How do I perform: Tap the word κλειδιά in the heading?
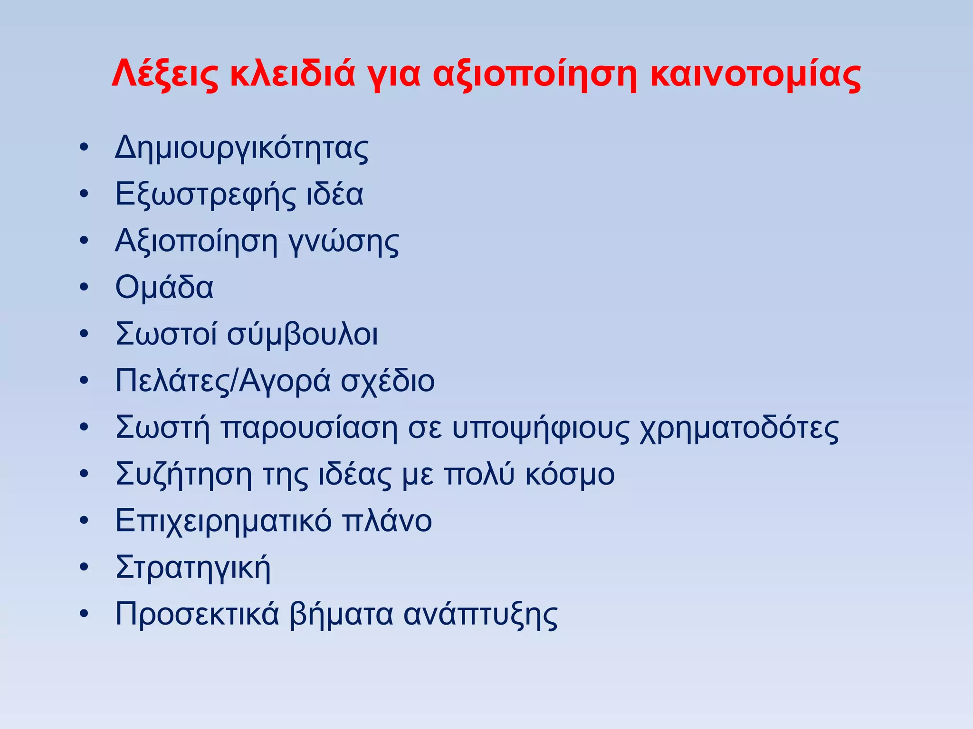(292, 74)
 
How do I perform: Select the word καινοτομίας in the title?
(755, 74)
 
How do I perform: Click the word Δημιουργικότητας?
(241, 149)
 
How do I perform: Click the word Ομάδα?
(164, 288)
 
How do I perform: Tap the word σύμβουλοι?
(302, 335)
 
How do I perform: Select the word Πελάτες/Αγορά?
(223, 381)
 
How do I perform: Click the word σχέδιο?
(388, 381)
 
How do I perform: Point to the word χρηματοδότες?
(739, 429)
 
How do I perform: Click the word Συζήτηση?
(183, 475)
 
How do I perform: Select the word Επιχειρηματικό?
(223, 521)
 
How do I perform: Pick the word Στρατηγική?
(193, 568)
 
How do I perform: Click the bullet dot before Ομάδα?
(84, 288)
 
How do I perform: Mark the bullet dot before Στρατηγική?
(84, 567)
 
